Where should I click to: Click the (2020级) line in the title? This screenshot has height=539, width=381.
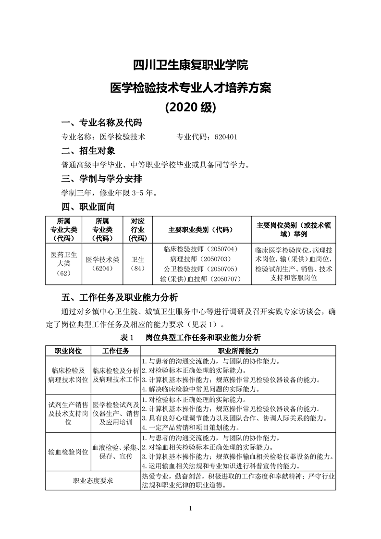(x=190, y=106)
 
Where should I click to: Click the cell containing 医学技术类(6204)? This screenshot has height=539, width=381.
(x=102, y=264)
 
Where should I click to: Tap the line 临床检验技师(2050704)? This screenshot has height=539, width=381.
(x=201, y=249)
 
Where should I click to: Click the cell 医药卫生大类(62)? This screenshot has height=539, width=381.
(x=63, y=264)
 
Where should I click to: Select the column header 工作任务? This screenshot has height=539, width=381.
(x=115, y=351)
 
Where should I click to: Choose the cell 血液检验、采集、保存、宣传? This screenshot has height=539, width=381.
(x=115, y=452)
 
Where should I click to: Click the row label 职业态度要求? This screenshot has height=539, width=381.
(x=93, y=480)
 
